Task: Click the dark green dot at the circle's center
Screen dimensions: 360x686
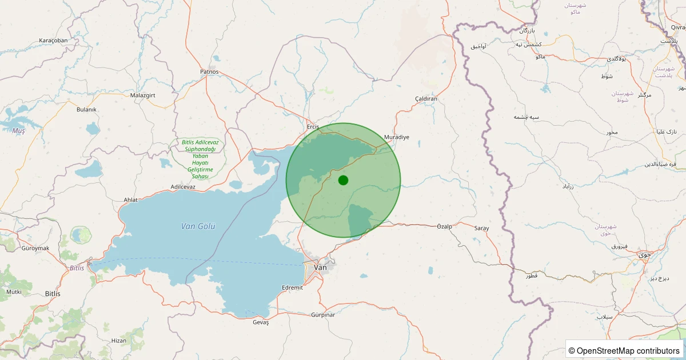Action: [x=343, y=180]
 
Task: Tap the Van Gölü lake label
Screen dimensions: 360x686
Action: [x=198, y=226]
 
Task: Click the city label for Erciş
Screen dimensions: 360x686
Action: [x=313, y=127]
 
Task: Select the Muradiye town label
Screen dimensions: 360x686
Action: [x=397, y=137]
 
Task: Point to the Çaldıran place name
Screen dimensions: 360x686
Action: [x=426, y=99]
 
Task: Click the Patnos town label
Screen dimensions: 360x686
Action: [x=209, y=72]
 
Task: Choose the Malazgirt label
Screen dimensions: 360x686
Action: [x=143, y=95]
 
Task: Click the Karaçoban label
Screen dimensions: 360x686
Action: [x=53, y=41]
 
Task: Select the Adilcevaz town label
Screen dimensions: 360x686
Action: [x=183, y=187]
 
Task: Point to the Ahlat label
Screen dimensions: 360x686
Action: [x=131, y=200]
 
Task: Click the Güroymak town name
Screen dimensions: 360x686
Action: [x=35, y=248]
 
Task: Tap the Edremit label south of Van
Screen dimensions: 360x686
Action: [x=293, y=287]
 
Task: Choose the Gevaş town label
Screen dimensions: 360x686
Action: [x=261, y=322]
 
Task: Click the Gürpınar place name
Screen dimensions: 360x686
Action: [x=323, y=315]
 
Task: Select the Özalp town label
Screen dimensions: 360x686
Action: [x=444, y=226]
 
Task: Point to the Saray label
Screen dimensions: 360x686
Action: [x=481, y=229]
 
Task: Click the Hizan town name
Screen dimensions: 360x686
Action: [x=119, y=341]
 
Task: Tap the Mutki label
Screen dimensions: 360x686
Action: [x=14, y=292]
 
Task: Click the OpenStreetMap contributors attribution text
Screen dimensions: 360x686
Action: [x=624, y=350]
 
